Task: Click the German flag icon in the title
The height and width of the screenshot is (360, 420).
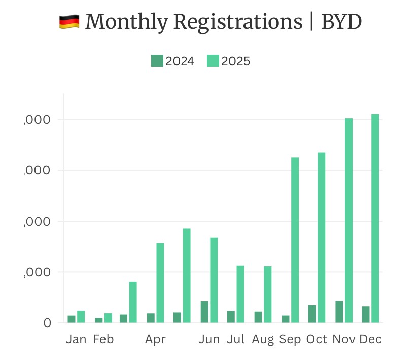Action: point(69,22)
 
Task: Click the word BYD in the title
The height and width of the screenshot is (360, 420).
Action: point(341,22)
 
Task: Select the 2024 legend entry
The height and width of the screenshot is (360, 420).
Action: point(172,61)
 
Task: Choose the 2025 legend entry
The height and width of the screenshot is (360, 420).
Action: point(228,61)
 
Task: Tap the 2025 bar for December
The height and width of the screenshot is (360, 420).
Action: point(375,218)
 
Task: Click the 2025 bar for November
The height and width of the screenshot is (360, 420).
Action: point(348,220)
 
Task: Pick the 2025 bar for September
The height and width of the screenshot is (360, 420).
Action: point(295,240)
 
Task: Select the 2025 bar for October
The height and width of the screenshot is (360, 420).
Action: point(322,237)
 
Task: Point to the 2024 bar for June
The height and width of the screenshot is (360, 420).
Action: point(204,312)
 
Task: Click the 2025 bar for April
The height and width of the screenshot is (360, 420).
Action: point(160,282)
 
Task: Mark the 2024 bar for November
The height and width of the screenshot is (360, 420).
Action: point(339,311)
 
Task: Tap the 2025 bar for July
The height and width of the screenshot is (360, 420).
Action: point(240,294)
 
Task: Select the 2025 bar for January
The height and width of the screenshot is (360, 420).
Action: point(81,316)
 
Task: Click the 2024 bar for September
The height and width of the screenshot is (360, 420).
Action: point(286,319)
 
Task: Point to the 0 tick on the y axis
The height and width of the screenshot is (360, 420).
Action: point(47,322)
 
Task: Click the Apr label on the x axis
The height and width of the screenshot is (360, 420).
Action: point(155,339)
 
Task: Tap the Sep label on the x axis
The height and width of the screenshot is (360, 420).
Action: point(290,339)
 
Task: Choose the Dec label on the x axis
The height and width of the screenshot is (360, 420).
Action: point(370,339)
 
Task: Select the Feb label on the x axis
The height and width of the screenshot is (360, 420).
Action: point(103,339)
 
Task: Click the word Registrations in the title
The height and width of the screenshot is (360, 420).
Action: point(237,22)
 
